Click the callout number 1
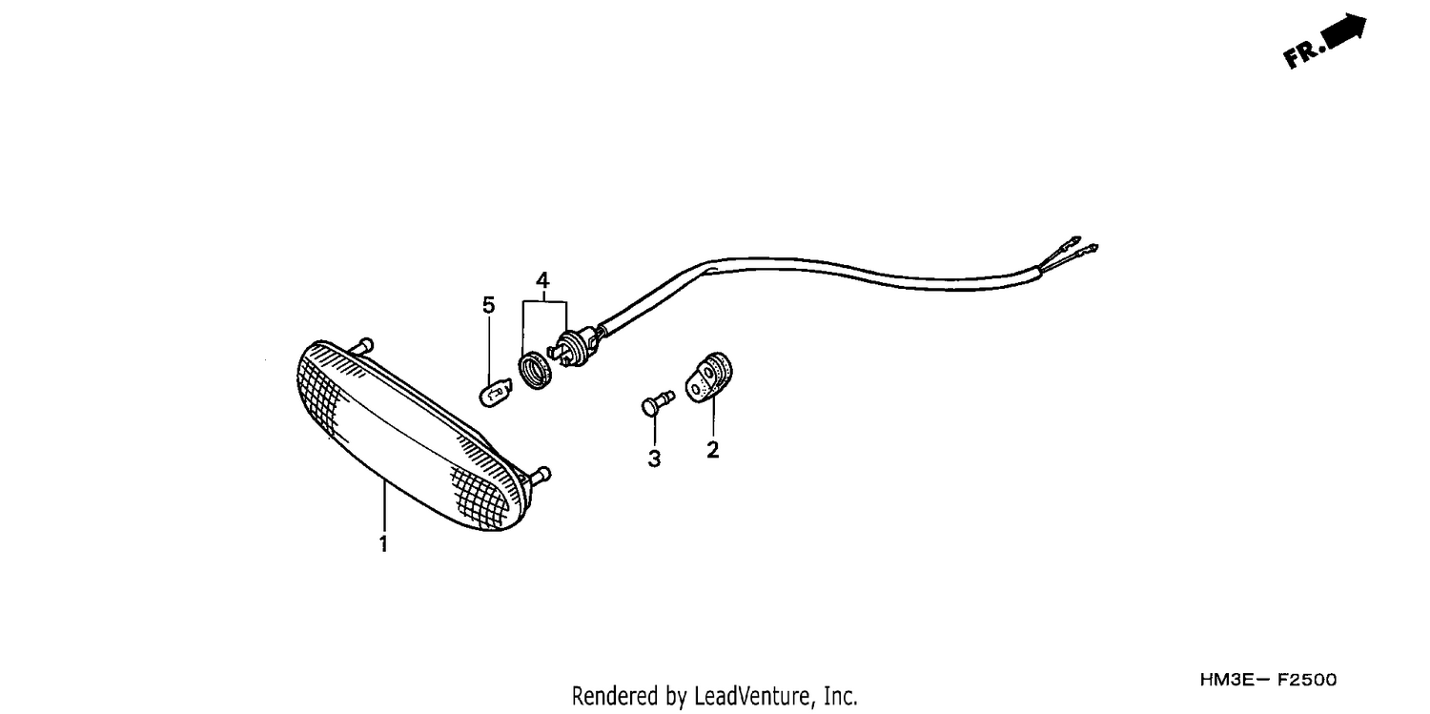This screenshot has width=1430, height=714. [383, 543]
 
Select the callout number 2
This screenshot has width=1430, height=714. [712, 450]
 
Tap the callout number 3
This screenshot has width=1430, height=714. [654, 459]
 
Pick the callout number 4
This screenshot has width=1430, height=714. [542, 280]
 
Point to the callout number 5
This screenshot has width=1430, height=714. [488, 306]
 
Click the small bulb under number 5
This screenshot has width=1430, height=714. [496, 392]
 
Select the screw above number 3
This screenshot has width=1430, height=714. [657, 403]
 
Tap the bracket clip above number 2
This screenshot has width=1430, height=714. [708, 377]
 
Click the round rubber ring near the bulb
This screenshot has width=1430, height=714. [535, 371]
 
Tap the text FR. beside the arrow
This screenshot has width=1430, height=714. [1302, 53]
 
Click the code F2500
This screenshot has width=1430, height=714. [1306, 680]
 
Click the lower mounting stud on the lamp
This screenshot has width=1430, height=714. [539, 476]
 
